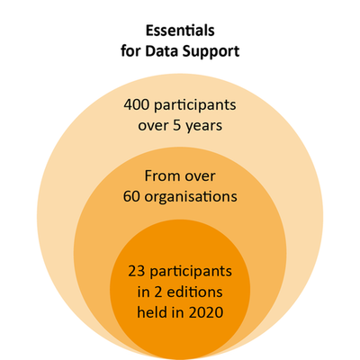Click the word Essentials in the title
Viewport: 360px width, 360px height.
pos(180,31)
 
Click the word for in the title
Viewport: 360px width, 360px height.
pos(130,51)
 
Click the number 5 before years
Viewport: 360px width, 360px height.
pos(177,125)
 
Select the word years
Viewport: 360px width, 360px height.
pos(204,127)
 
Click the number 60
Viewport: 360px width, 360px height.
pos(131,196)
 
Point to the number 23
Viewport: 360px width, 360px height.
pos(137,272)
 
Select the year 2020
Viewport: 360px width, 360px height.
pos(206,312)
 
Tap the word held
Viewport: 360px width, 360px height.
pos(151,312)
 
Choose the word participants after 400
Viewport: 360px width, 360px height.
pos(195,106)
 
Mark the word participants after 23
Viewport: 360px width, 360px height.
pos(191,273)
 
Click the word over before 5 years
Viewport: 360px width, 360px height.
pos(153,126)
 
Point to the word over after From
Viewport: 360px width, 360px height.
pos(200,176)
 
